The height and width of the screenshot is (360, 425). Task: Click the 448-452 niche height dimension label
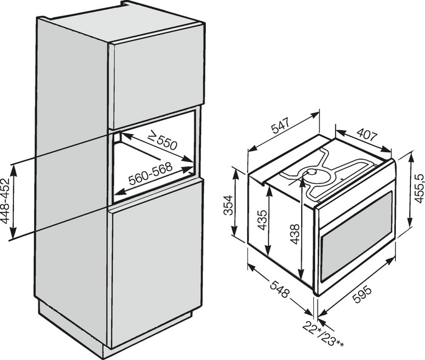5,201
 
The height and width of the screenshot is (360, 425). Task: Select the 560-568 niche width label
151,174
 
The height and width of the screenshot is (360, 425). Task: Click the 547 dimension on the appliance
281,125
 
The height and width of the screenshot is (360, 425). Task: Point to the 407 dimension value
367,135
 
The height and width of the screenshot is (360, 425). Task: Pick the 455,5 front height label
418,188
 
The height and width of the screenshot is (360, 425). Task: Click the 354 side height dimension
228,205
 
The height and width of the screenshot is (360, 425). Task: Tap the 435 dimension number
262,220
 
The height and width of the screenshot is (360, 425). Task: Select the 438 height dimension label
294,234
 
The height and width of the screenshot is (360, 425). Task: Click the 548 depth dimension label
279,288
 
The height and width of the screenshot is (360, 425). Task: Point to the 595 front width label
361,294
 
